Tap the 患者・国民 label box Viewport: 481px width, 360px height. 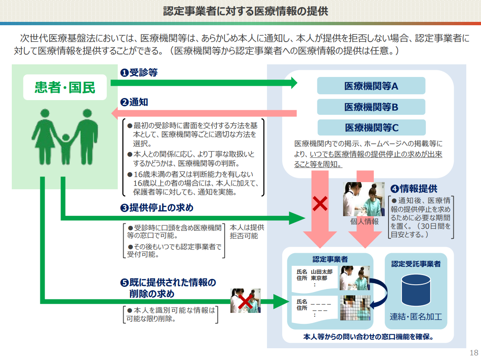click(x=65, y=87)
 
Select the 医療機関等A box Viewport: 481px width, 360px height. click(x=371, y=86)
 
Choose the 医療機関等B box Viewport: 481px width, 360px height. click(x=371, y=107)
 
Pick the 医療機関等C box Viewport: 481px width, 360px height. click(x=371, y=127)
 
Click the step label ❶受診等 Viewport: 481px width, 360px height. click(x=139, y=73)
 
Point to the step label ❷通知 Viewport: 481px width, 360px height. click(x=134, y=102)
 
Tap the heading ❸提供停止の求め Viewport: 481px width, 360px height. click(x=156, y=208)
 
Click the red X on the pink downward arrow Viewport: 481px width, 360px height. click(x=320, y=204)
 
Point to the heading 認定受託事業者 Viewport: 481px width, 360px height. click(x=416, y=264)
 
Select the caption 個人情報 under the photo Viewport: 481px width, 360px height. click(x=364, y=222)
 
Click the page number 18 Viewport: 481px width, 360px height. click(x=474, y=352)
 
